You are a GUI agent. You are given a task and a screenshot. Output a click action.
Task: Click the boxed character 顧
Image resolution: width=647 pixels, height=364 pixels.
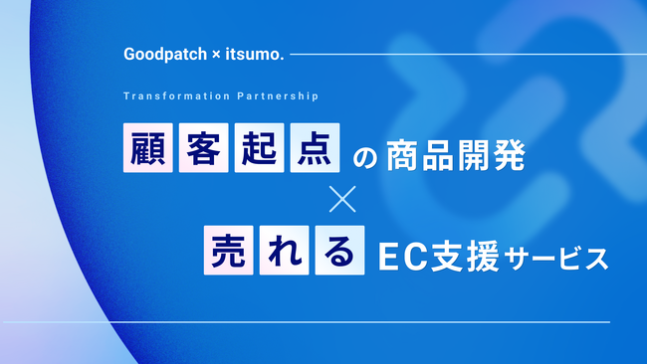click(145, 147)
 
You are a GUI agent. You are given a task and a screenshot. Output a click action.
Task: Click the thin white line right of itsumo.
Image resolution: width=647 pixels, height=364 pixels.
click(448, 54)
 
